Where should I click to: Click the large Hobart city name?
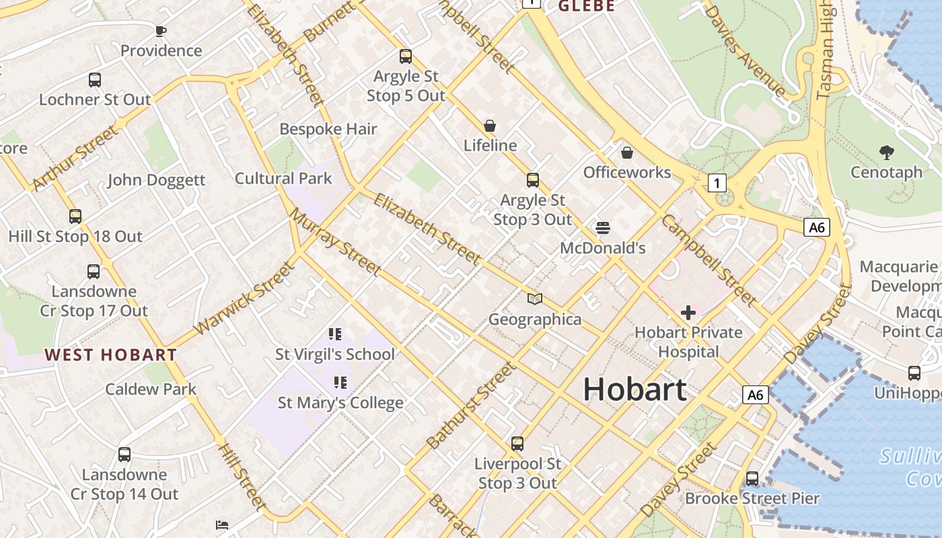635,389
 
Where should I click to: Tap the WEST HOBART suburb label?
111,354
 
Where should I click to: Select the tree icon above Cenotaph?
887,153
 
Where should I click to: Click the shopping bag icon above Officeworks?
627,153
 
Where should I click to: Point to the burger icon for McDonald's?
603,228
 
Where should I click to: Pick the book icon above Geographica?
535,299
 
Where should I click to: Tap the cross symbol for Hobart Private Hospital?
688,313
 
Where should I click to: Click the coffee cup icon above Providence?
161,30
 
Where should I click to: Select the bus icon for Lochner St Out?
95,80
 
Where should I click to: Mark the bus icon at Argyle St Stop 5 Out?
406,56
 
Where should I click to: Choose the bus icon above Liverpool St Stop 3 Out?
517,444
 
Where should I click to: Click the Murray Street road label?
335,241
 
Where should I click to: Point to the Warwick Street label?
244,299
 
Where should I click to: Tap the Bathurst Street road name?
472,406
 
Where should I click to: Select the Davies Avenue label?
745,50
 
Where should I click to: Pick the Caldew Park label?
151,389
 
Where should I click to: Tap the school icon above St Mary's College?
340,383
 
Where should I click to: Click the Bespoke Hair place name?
328,129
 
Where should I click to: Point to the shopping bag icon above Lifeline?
490,126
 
